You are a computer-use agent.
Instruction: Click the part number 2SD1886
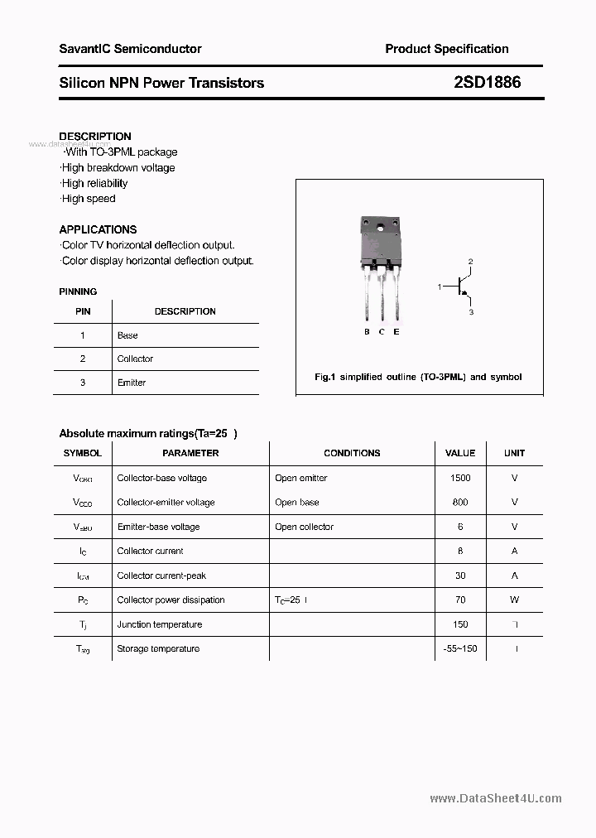point(488,83)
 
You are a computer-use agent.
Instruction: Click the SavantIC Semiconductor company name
point(130,49)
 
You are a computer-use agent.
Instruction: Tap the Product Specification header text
point(447,49)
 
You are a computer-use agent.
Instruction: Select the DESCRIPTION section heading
point(95,137)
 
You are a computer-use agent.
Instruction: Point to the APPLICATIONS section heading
point(98,229)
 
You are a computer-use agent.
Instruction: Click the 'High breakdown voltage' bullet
point(118,168)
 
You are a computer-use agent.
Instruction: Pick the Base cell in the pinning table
point(127,335)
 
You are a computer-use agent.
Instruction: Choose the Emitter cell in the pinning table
point(132,383)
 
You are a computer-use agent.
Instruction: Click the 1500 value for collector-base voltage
point(460,478)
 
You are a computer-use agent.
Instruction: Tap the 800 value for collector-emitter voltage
point(460,503)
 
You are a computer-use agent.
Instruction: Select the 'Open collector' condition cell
point(304,527)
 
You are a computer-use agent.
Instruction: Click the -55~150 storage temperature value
point(460,648)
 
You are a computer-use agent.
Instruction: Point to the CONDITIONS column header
point(352,453)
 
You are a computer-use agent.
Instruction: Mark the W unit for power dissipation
point(514,600)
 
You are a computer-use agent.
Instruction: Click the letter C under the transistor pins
point(382,332)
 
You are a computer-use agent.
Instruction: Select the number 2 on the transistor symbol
point(470,262)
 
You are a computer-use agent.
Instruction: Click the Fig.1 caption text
point(418,377)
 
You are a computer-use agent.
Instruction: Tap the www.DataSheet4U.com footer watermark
point(496,798)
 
